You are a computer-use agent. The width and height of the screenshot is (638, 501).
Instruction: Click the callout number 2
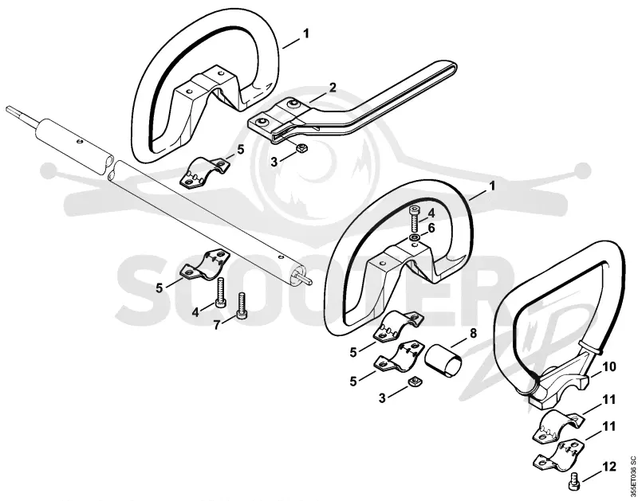[333, 88]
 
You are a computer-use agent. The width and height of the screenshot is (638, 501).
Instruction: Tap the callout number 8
[473, 334]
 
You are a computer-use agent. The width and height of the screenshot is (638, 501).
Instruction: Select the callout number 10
[609, 367]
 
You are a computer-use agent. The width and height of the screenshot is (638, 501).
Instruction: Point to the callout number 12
[609, 467]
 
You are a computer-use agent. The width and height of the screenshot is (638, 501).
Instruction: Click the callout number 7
[218, 325]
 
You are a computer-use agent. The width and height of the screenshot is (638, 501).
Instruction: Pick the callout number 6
[431, 229]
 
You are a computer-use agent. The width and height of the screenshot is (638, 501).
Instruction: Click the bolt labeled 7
[242, 307]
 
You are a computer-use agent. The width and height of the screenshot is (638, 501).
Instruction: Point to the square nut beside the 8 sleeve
[415, 382]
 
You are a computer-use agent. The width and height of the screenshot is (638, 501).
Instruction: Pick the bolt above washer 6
[414, 218]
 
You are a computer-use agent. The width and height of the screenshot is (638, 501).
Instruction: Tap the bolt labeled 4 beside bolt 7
[221, 292]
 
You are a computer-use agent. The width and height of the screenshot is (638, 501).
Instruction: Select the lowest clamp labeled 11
[557, 454]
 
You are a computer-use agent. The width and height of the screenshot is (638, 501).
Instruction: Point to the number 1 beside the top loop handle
[306, 33]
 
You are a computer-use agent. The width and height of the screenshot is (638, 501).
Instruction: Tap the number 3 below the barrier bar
[274, 162]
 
